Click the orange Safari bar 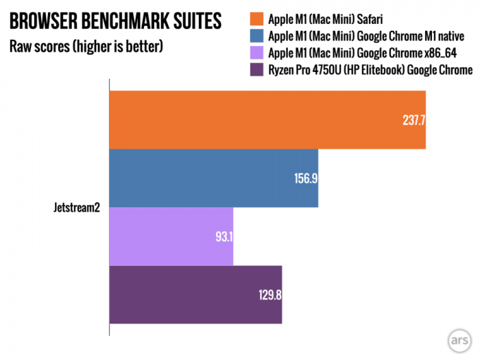tap(267, 119)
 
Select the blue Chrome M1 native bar tap(214, 178)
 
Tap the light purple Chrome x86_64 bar tap(171, 236)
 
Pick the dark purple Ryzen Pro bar tap(196, 295)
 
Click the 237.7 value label tap(413, 119)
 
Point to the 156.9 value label tap(306, 178)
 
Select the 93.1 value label tap(223, 236)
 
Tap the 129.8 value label tap(269, 296)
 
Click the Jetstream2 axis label tap(77, 207)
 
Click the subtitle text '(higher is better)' tap(114, 47)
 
